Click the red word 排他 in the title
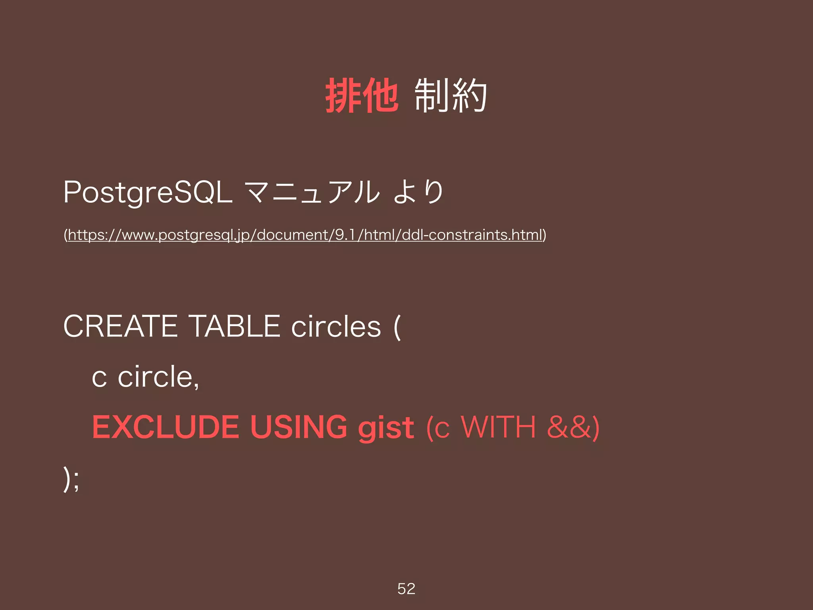[361, 96]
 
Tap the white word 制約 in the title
[451, 96]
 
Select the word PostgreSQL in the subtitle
[148, 193]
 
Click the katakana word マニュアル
[313, 193]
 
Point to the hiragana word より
[418, 192]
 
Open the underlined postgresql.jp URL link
[305, 235]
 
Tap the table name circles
[336, 326]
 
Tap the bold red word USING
[299, 427]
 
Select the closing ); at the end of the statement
[71, 478]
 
